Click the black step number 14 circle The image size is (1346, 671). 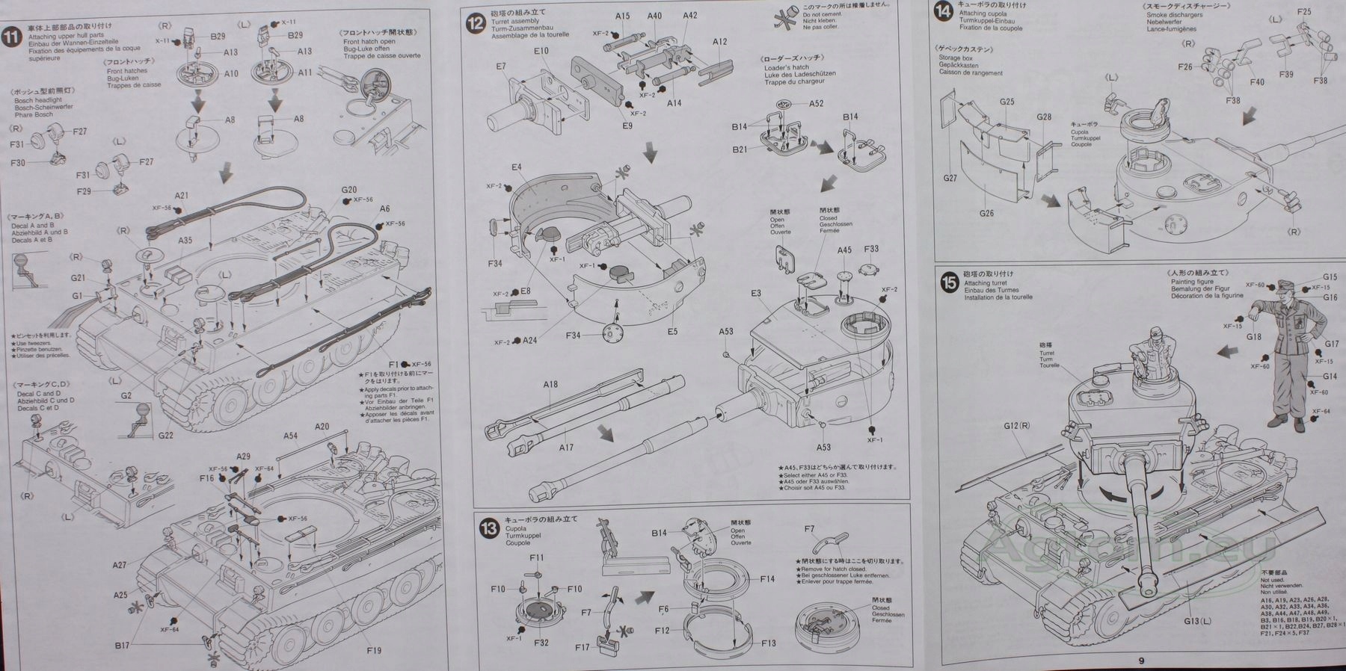click(x=944, y=11)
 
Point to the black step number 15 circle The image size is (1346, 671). click(x=950, y=283)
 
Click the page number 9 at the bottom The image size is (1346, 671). click(x=1141, y=660)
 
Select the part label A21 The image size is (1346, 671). click(x=181, y=196)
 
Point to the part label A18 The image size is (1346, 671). click(x=550, y=385)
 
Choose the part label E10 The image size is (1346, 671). click(x=541, y=51)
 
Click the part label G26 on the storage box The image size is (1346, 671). click(x=986, y=213)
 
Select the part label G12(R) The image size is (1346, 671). click(x=1018, y=426)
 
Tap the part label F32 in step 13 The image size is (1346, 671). click(x=541, y=643)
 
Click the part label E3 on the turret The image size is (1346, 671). click(x=756, y=293)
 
